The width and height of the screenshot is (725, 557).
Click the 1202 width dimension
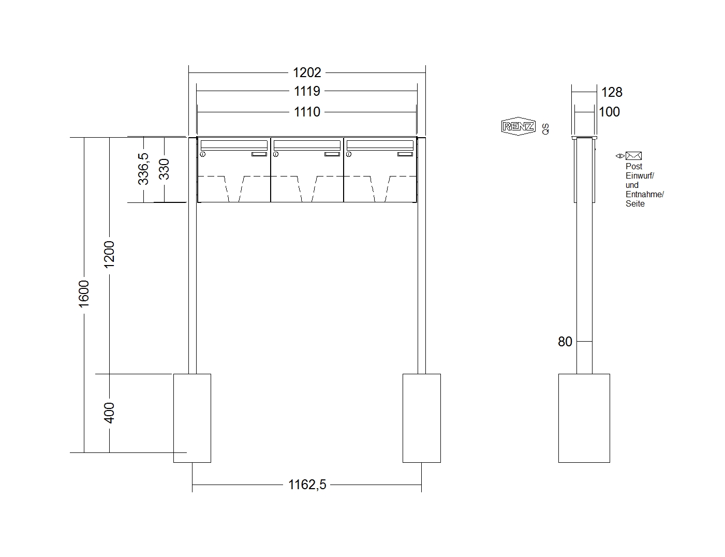[307, 72]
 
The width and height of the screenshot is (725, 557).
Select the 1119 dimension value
[307, 91]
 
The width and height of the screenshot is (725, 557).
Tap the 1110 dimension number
[307, 112]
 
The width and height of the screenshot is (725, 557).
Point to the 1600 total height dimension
[84, 294]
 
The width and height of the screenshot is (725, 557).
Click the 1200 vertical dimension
[109, 254]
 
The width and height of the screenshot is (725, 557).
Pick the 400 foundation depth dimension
[109, 413]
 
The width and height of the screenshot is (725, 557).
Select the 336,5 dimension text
[143, 169]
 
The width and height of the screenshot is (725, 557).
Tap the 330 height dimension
[164, 169]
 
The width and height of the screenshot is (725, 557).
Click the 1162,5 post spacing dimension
[307, 485]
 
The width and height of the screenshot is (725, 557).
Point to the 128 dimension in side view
[612, 92]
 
